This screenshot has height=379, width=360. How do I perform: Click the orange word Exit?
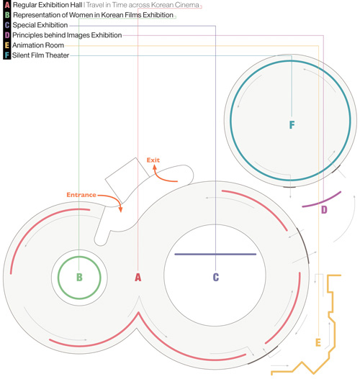pyautogui.click(x=153, y=160)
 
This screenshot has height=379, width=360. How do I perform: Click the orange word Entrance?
pyautogui.click(x=81, y=195)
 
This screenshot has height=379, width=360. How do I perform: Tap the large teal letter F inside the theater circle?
pyautogui.click(x=292, y=124)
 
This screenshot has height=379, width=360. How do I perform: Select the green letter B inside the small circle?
pyautogui.click(x=79, y=278)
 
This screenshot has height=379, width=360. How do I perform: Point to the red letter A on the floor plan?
pyautogui.click(x=138, y=278)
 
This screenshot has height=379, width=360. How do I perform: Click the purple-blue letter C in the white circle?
pyautogui.click(x=216, y=278)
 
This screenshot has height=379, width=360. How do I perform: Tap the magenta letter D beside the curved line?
pyautogui.click(x=324, y=210)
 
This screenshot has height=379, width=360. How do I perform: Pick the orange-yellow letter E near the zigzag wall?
pyautogui.click(x=318, y=342)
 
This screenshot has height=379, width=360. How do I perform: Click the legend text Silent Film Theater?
pyautogui.click(x=40, y=55)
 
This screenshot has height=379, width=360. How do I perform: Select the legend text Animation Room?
pyautogui.click(x=38, y=45)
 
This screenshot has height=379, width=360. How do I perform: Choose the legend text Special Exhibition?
pyautogui.click(x=40, y=25)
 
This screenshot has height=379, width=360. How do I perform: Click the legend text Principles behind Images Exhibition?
pyautogui.click(x=67, y=35)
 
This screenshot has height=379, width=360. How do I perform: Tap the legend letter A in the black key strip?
pyautogui.click(x=7, y=5)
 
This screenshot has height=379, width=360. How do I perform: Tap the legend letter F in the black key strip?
pyautogui.click(x=7, y=55)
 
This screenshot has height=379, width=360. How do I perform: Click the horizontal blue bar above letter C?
pyautogui.click(x=215, y=255)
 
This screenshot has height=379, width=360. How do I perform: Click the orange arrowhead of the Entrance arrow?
pyautogui.click(x=120, y=209)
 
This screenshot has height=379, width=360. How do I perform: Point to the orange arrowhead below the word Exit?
pyautogui.click(x=155, y=167)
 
